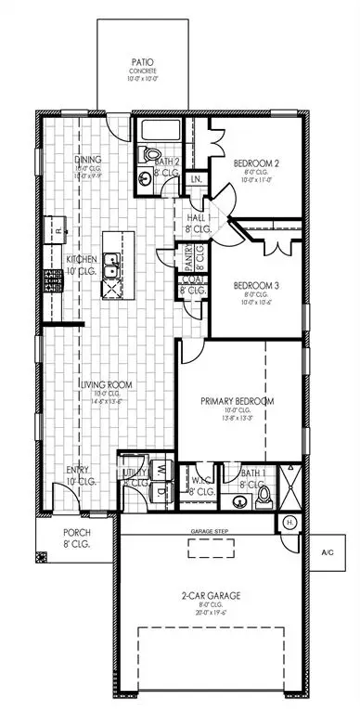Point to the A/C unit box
(x=328, y=553)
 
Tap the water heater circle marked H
(x=289, y=523)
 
